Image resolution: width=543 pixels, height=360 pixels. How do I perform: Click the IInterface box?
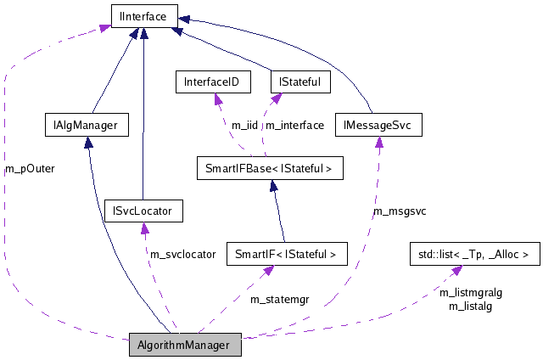(143, 14)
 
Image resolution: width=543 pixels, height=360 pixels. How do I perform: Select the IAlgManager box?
(86, 126)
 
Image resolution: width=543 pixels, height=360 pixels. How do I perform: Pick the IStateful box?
(299, 82)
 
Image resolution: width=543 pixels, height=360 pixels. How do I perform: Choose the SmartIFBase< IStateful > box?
(269, 169)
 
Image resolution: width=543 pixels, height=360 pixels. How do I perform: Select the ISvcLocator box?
(142, 211)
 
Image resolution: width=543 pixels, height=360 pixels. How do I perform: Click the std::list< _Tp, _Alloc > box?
(473, 253)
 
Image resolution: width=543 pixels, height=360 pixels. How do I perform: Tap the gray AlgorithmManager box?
(185, 346)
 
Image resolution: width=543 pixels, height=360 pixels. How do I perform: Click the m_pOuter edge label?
(30, 168)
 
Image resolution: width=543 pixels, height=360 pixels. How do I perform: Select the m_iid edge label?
(244, 126)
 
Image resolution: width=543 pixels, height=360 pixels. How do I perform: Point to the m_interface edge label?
(294, 126)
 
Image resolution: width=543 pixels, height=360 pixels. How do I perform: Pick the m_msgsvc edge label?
(400, 211)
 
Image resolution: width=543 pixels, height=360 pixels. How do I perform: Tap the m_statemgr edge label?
(278, 298)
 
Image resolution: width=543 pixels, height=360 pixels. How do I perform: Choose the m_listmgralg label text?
(471, 292)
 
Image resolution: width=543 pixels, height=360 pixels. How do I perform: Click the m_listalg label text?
(471, 305)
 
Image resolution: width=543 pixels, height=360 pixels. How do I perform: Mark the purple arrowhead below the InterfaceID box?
(216, 98)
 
